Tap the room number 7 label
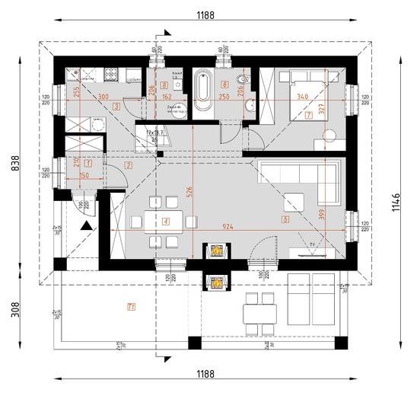pyautogui.click(x=308, y=117)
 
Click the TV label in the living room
pyautogui.click(x=313, y=245)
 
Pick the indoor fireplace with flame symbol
pyautogui.click(x=217, y=251)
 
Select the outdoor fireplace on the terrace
pyautogui.click(x=217, y=281)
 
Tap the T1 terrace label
pyautogui.click(x=132, y=307)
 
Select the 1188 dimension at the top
pyautogui.click(x=205, y=14)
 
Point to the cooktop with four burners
pyautogui.click(x=110, y=75)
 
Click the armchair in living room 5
pyautogui.click(x=294, y=202)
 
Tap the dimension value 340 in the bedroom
pyautogui.click(x=301, y=97)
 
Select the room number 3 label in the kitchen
pyautogui.click(x=116, y=108)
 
